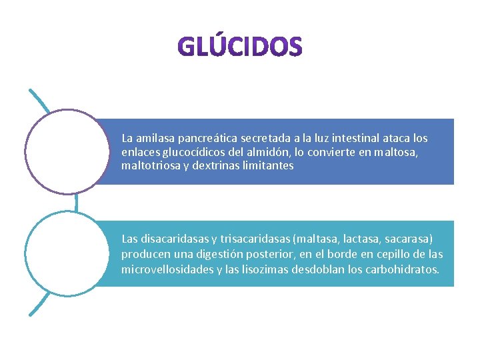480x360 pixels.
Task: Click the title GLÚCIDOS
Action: pos(241,46)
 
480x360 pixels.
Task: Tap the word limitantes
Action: pos(269,165)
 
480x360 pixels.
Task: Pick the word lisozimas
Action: pos(254,269)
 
